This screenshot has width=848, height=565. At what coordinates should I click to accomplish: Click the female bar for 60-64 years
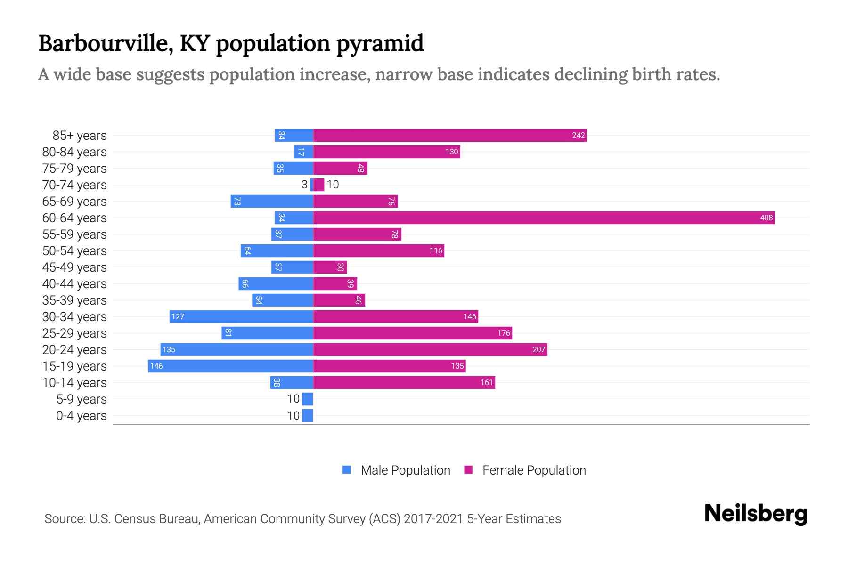coord(544,218)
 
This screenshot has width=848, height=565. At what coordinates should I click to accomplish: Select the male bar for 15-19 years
coord(230,366)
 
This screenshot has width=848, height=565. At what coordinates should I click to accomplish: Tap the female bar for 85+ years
coord(449,135)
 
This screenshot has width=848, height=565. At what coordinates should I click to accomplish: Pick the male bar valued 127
coord(241,316)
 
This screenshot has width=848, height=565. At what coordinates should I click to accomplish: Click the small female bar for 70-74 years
coord(319,185)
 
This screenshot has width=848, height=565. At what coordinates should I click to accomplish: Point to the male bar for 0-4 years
coord(307,415)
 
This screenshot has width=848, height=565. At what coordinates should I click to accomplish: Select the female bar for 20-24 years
coord(430,349)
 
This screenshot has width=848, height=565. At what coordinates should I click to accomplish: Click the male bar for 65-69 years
coord(272,201)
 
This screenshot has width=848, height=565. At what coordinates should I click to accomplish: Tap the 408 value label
coord(766,218)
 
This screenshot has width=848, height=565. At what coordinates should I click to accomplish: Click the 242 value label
coord(578,136)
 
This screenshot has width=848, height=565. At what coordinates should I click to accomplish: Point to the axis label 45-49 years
coord(74,267)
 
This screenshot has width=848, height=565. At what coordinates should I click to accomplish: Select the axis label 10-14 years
coord(74,382)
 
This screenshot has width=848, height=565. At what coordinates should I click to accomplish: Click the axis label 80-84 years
coord(74,152)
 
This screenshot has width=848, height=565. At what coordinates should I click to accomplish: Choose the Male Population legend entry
coord(405,470)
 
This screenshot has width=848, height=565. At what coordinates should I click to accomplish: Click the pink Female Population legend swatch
coord(468,470)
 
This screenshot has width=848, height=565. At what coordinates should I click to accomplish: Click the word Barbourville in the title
coord(101,43)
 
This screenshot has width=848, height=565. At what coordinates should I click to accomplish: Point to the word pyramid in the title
coord(380,43)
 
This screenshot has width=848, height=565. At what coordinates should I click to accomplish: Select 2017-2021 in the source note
coord(433,518)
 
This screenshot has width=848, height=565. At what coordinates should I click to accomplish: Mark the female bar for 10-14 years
coord(404,382)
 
